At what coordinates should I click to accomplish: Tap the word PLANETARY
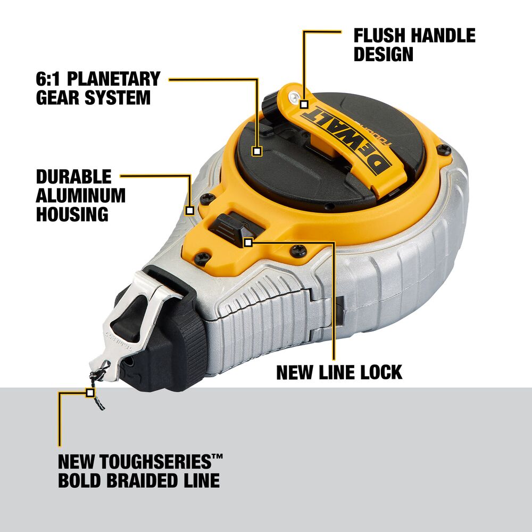tap(114, 79)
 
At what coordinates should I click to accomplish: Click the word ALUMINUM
tap(81, 195)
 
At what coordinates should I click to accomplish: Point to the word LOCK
tap(381, 372)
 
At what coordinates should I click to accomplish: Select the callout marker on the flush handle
tap(304, 104)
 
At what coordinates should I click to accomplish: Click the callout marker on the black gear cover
tap(257, 151)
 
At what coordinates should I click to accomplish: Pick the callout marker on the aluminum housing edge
tap(190, 211)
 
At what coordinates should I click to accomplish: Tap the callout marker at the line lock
tap(248, 242)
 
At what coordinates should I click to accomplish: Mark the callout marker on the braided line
tap(90, 393)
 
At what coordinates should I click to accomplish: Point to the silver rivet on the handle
tap(294, 97)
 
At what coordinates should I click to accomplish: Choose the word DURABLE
tap(73, 177)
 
